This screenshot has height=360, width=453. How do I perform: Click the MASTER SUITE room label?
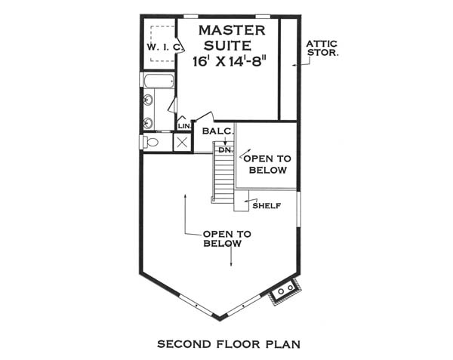click(232, 38)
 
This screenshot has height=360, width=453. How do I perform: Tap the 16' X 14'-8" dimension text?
click(229, 61)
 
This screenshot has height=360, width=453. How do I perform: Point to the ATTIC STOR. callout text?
click(322, 48)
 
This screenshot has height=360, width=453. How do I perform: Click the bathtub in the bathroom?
click(159, 81)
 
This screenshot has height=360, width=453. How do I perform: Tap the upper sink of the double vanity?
click(148, 100)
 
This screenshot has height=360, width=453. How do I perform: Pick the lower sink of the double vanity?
click(148, 123)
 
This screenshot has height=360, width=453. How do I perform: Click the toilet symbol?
click(150, 142)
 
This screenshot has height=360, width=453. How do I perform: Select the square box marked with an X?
click(182, 143)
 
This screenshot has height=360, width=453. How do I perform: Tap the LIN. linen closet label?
click(185, 126)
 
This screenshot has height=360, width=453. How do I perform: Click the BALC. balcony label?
click(218, 131)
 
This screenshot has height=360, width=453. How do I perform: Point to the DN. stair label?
click(226, 150)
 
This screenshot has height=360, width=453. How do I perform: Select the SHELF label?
click(267, 206)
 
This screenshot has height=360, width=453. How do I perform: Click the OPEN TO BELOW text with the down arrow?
click(226, 238)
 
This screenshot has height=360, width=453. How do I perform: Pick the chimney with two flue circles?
click(285, 291)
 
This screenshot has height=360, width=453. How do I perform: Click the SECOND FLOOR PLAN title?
click(229, 344)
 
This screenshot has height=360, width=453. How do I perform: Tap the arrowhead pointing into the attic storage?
click(294, 65)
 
